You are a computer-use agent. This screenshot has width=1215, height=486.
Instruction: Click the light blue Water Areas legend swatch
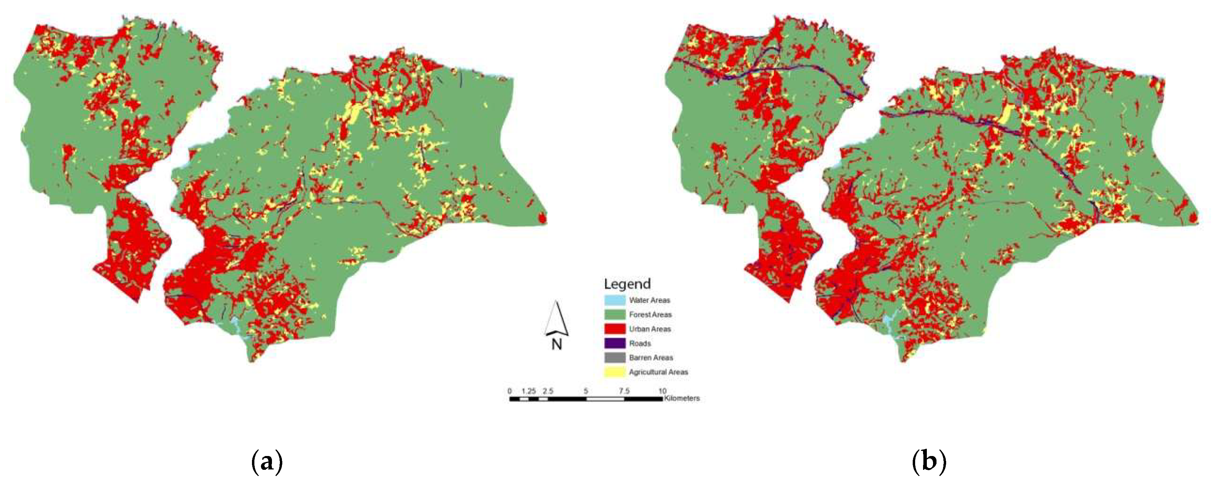click(615, 300)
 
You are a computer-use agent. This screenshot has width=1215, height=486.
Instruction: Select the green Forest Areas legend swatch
click(615, 314)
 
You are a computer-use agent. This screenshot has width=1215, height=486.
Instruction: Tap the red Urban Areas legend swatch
click(615, 329)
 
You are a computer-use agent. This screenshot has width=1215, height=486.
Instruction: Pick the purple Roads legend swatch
click(615, 343)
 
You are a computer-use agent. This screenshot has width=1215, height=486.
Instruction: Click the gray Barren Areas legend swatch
click(615, 358)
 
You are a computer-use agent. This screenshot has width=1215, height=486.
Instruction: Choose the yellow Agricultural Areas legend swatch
click(615, 372)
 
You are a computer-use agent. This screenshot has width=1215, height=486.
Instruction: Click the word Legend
click(627, 284)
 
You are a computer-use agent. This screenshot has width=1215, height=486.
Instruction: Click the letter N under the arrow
click(557, 345)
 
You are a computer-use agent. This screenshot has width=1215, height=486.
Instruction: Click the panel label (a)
click(267, 462)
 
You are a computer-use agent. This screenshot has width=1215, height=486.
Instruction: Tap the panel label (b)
click(929, 462)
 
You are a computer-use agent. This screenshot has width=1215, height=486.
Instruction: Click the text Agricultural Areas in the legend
click(658, 372)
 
